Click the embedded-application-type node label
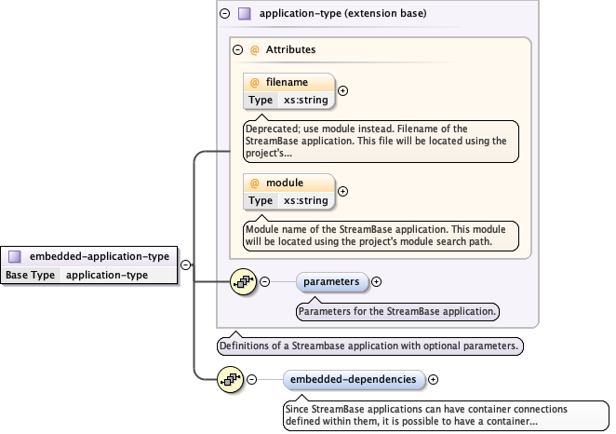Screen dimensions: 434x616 100,256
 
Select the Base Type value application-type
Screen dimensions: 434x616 107,275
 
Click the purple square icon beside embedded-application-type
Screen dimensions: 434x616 15,256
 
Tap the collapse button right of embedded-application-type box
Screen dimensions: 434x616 186,265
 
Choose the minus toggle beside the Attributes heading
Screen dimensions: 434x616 238,50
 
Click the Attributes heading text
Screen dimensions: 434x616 290,50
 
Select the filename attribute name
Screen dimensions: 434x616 287,82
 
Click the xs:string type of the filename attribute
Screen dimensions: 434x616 305,100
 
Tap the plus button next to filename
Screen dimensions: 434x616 342,91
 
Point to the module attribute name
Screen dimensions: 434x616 285,183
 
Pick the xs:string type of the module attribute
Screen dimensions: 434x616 305,200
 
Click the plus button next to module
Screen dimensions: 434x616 342,191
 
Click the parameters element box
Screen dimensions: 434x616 331,281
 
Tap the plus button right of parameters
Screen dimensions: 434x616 377,281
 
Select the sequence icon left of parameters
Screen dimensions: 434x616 243,281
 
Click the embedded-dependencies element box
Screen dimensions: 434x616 353,379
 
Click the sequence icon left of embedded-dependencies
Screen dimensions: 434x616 229,379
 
